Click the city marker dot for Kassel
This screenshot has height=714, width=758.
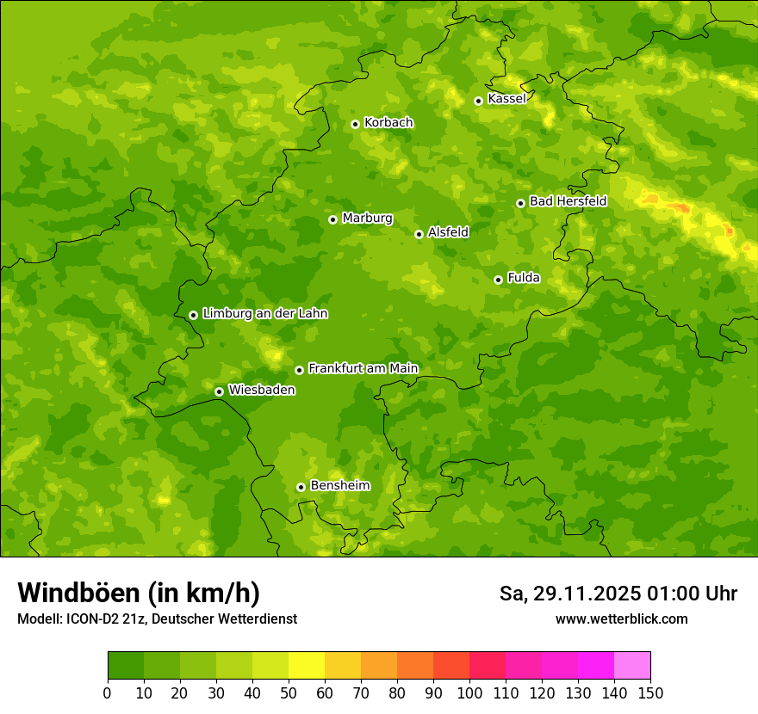point(478,101)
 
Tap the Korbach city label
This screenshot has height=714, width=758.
point(388,123)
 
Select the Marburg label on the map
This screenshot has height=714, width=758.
point(367,219)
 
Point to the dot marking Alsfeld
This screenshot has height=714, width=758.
point(419,234)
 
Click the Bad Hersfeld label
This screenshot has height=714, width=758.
point(568,201)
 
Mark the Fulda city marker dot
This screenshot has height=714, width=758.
point(498,280)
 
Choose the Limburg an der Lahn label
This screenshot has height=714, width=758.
point(264,314)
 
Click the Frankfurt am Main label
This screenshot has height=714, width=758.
point(363,369)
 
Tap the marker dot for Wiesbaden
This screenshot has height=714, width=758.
point(219,391)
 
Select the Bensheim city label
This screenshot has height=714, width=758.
point(339,486)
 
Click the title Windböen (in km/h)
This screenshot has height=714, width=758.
point(139,593)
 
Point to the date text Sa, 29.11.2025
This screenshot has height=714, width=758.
point(568,594)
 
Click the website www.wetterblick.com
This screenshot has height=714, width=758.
point(621,619)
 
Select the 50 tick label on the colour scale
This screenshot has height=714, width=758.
point(289,692)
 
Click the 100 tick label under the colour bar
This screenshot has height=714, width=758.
point(469,692)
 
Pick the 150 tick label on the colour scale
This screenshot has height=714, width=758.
point(650,692)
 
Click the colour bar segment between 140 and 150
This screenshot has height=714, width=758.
point(632,666)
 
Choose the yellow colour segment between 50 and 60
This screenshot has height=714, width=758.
point(307,666)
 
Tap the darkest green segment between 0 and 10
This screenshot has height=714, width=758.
point(126,666)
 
